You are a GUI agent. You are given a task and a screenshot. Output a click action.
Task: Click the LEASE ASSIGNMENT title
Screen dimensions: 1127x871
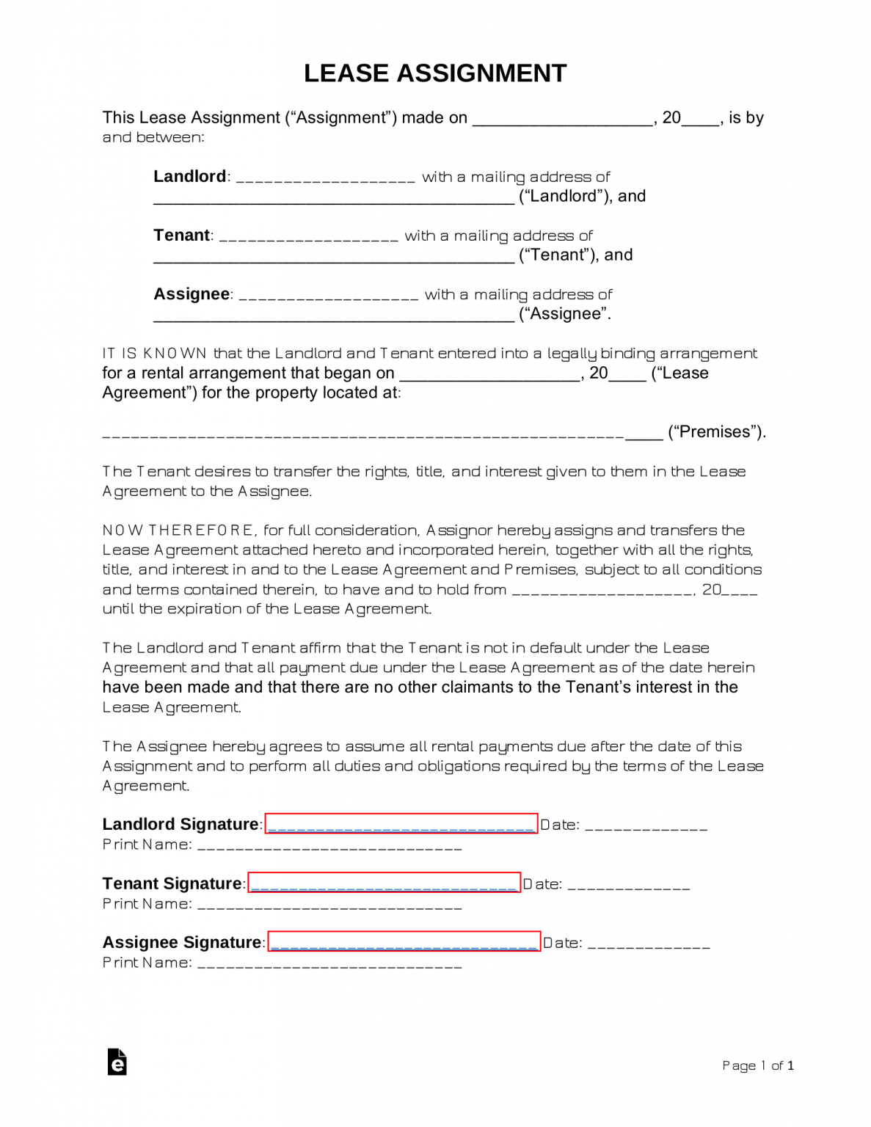[435, 73]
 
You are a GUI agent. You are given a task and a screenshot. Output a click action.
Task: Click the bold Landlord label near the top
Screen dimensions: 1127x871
[189, 176]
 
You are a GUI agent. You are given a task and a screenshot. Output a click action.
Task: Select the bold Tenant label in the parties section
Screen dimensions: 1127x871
[181, 235]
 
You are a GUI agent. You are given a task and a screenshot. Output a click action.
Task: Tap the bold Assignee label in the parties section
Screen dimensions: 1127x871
[192, 293]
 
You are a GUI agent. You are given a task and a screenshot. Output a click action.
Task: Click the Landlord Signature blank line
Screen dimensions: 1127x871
[401, 824]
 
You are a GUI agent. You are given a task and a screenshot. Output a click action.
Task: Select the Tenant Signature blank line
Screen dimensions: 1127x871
[384, 883]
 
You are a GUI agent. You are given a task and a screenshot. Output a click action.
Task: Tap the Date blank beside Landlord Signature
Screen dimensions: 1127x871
[646, 826]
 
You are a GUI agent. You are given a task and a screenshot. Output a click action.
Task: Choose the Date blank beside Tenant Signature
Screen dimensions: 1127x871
[629, 886]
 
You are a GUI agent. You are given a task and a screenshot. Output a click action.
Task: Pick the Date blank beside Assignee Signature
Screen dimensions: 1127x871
[649, 944]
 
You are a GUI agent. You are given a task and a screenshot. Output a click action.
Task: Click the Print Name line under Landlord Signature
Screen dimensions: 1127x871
[329, 847]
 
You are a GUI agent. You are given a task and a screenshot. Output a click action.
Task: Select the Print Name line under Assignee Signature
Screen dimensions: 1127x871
[329, 964]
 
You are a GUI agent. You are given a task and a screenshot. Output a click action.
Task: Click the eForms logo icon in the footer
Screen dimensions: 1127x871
[117, 1062]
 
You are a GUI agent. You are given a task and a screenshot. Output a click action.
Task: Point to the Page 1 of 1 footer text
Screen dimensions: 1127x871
[757, 1065]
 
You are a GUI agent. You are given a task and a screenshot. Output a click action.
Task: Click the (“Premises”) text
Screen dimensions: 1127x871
[716, 431]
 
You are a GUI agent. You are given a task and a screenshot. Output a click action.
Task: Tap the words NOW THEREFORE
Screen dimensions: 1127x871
[178, 530]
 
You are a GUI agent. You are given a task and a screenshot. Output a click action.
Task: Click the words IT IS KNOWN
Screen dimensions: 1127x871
[154, 353]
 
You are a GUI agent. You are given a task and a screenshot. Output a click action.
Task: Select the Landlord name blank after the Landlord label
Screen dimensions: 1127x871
[326, 178]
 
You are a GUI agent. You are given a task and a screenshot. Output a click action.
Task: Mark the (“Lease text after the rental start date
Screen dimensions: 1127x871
[679, 373]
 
